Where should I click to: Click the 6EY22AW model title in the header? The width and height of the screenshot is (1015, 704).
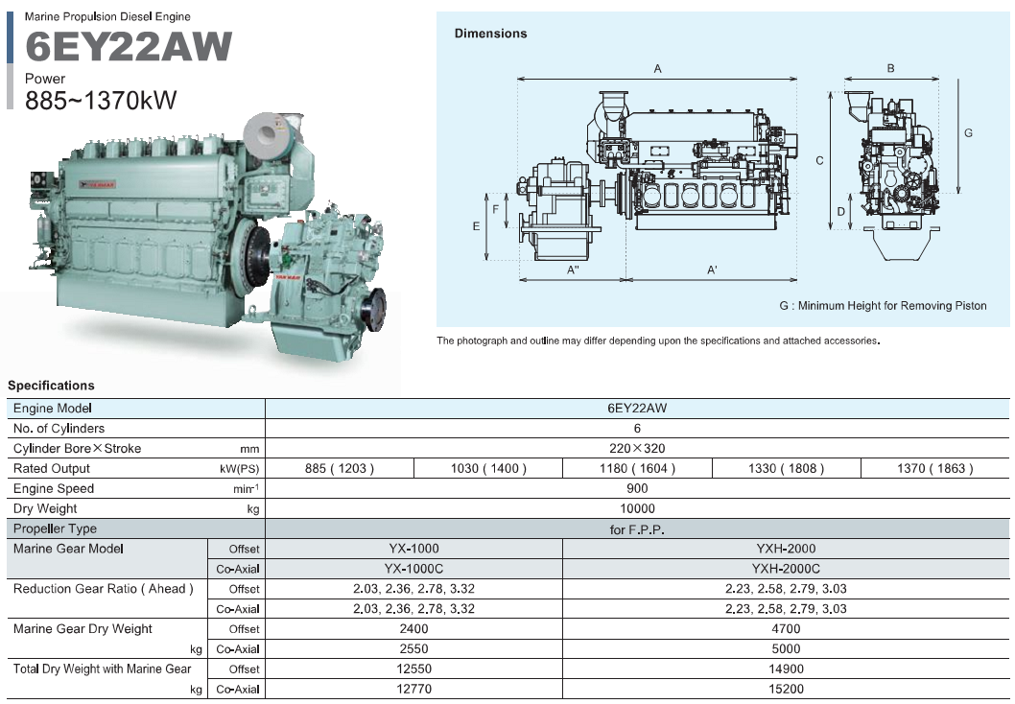[129, 47]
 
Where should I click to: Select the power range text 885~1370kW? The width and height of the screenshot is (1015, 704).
[101, 100]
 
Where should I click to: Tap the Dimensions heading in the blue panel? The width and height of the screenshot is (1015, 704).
[490, 34]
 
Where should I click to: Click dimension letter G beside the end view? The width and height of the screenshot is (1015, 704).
[968, 133]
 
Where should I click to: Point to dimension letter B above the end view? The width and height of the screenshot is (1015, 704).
[890, 69]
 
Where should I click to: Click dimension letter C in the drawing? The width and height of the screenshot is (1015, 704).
[819, 161]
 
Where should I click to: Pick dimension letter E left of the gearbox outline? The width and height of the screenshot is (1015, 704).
[476, 226]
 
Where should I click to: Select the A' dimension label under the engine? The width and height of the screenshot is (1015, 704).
[712, 270]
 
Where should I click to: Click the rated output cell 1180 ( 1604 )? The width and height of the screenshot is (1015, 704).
[637, 469]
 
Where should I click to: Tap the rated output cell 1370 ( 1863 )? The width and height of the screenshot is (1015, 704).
[935, 469]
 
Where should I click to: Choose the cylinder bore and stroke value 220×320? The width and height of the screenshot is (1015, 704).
[637, 449]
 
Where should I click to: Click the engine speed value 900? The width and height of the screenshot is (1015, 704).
[637, 489]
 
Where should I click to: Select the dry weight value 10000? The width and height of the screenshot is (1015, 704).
[637, 509]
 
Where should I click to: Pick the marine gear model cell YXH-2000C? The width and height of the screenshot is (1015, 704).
[785, 569]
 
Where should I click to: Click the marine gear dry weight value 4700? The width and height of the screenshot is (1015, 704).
[785, 629]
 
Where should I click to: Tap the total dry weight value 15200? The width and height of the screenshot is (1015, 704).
[785, 689]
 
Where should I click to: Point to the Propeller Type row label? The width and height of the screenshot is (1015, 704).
[56, 529]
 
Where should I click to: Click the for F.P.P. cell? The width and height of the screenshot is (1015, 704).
[637, 529]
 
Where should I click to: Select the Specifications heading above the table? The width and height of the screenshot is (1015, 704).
[52, 386]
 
